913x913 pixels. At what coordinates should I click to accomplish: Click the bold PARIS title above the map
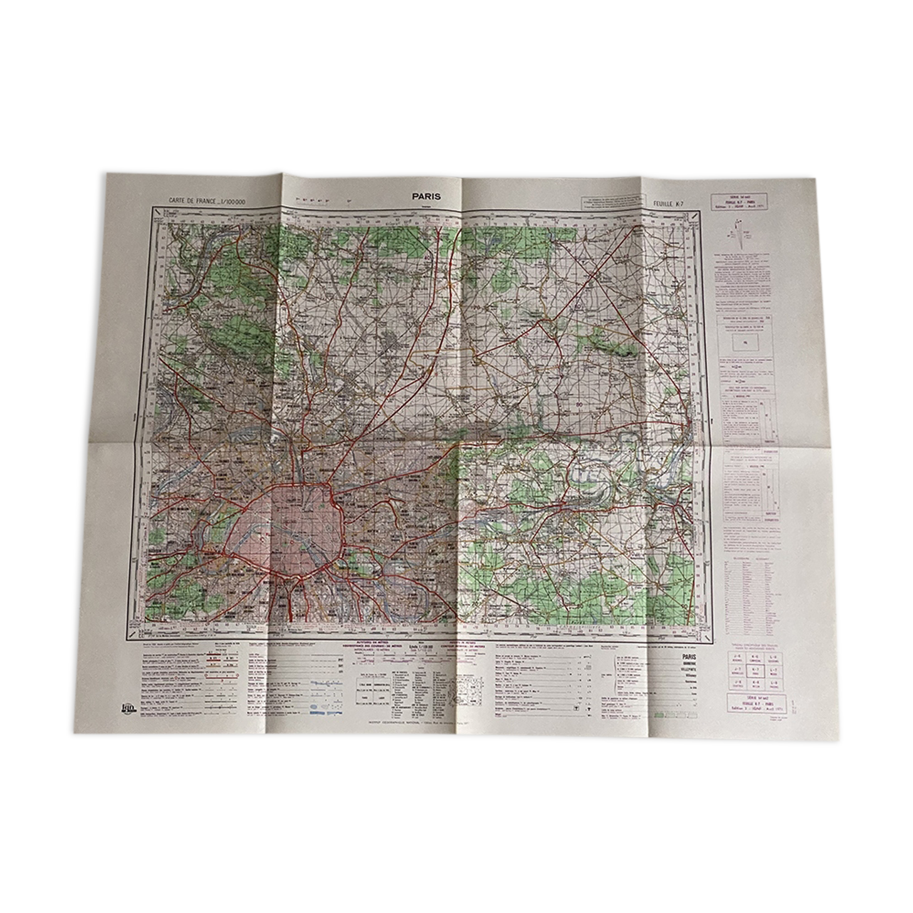coord(426,196)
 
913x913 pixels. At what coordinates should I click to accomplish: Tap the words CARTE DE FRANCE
coord(190,200)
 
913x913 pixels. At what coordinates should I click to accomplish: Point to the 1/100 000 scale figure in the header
coord(232,200)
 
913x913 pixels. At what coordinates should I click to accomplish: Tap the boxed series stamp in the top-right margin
coord(742,202)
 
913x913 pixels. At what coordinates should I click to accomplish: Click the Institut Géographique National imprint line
coord(426,721)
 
